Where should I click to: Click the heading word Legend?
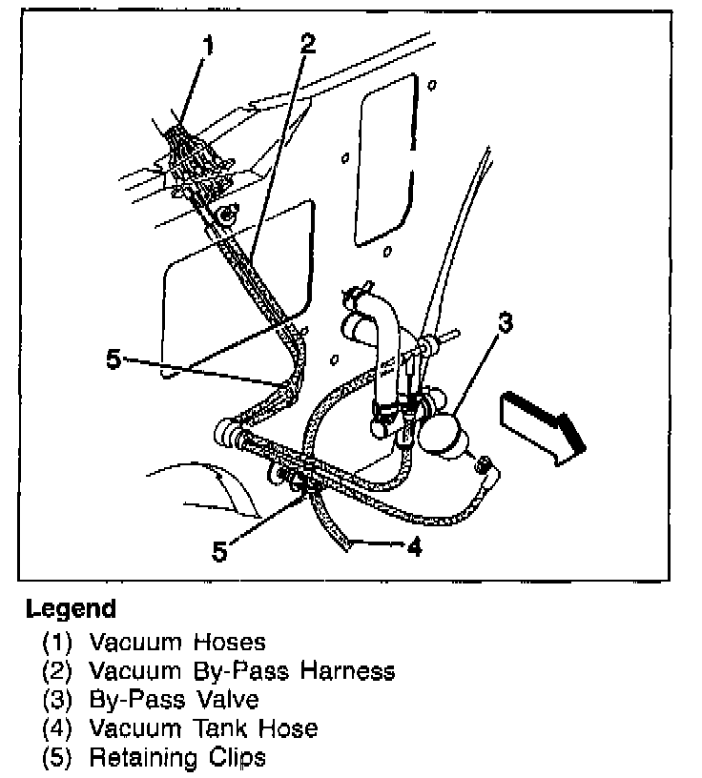(71, 608)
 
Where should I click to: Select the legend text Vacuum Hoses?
(177, 642)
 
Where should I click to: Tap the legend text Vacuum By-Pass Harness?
(241, 670)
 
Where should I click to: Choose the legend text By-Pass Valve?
(174, 699)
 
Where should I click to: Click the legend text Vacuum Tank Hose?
(203, 728)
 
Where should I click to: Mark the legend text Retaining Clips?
(177, 758)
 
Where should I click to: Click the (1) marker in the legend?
(57, 642)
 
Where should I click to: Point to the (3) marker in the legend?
(57, 699)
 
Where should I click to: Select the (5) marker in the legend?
(57, 758)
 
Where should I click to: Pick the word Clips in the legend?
(234, 758)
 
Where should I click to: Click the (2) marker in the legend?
(57, 670)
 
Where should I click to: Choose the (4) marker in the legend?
(57, 728)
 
